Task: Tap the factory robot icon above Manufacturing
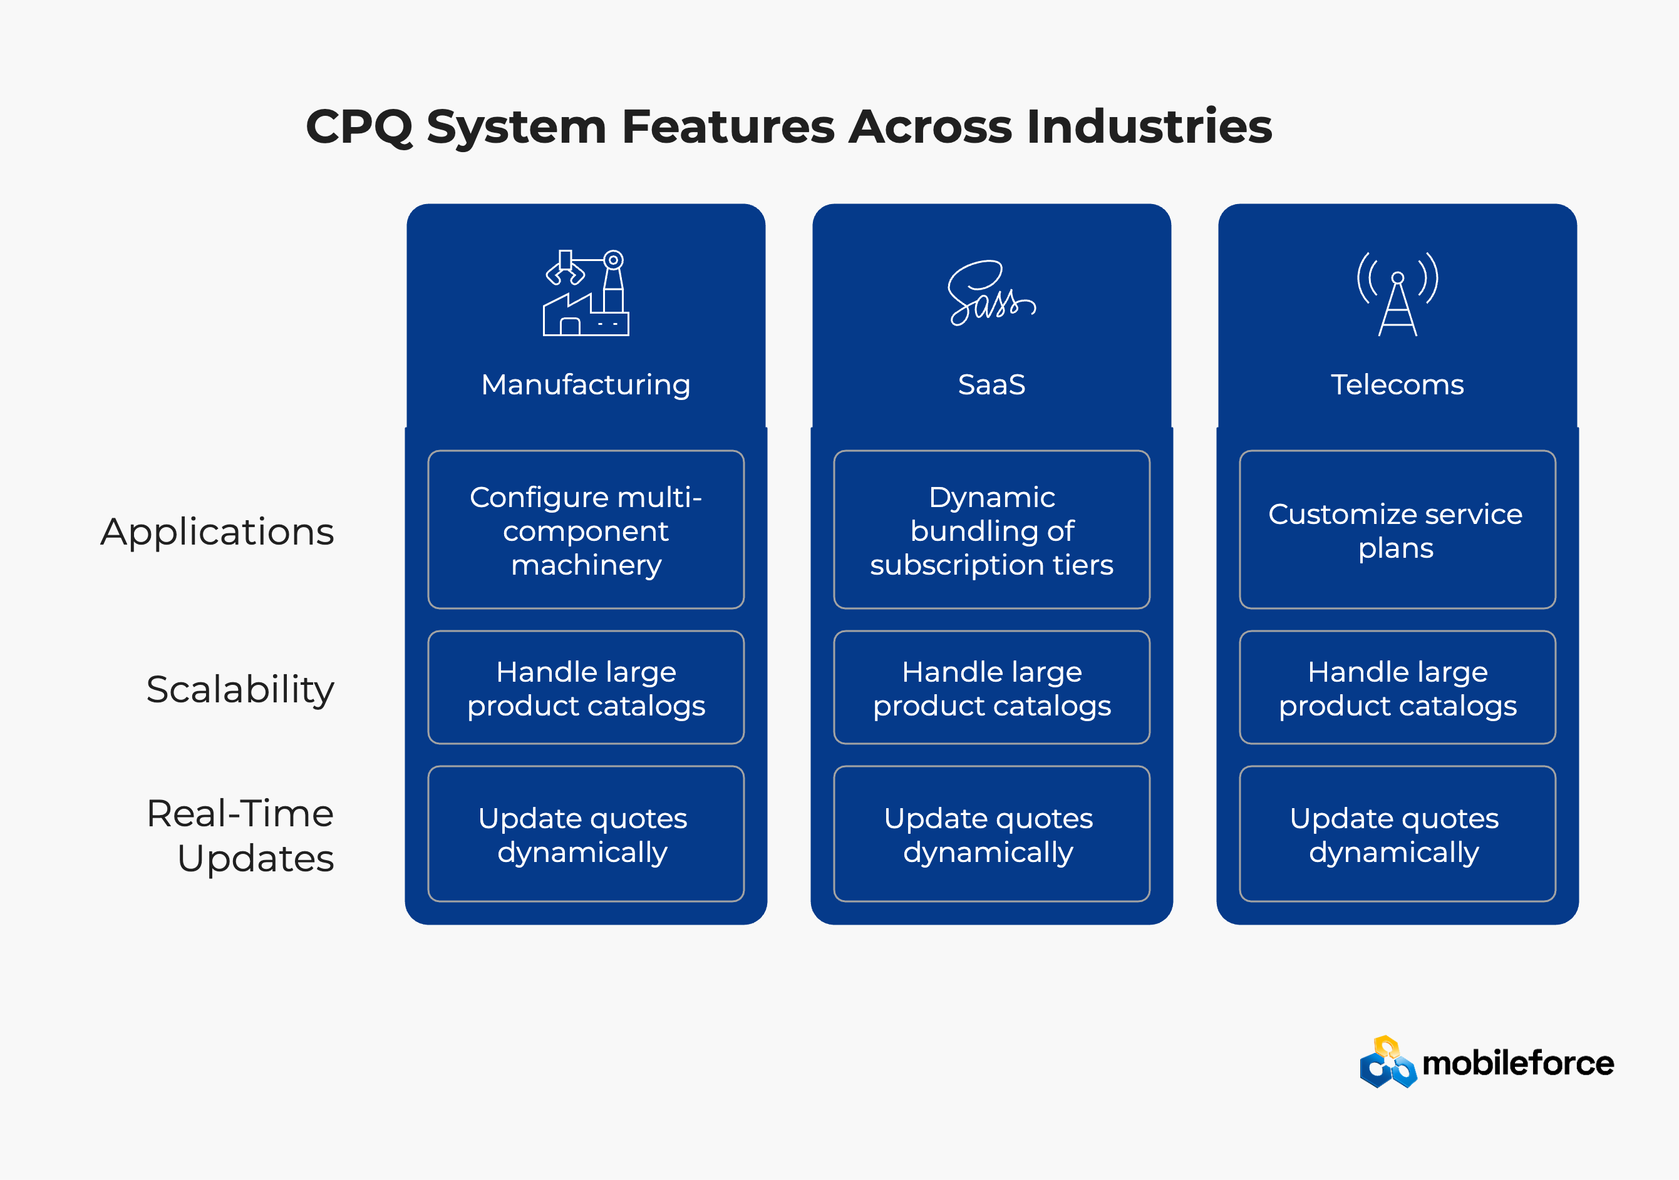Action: click(x=586, y=293)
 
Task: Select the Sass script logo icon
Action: click(x=991, y=293)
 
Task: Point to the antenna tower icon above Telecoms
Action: click(x=1397, y=293)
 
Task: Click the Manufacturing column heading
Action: click(x=586, y=384)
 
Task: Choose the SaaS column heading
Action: click(x=991, y=384)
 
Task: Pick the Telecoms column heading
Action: click(x=1397, y=384)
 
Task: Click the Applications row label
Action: click(x=217, y=531)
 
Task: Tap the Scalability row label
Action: click(x=240, y=689)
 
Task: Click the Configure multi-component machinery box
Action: click(x=586, y=530)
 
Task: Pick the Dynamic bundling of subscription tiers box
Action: click(x=991, y=530)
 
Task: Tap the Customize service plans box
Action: click(x=1397, y=530)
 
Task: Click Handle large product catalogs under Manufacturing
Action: click(x=586, y=688)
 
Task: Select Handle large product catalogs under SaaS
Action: click(x=991, y=688)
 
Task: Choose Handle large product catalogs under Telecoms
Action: click(x=1397, y=688)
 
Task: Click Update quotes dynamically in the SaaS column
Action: click(x=991, y=834)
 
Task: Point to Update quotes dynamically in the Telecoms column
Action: click(x=1397, y=834)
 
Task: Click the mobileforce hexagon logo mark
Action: click(x=1387, y=1062)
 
